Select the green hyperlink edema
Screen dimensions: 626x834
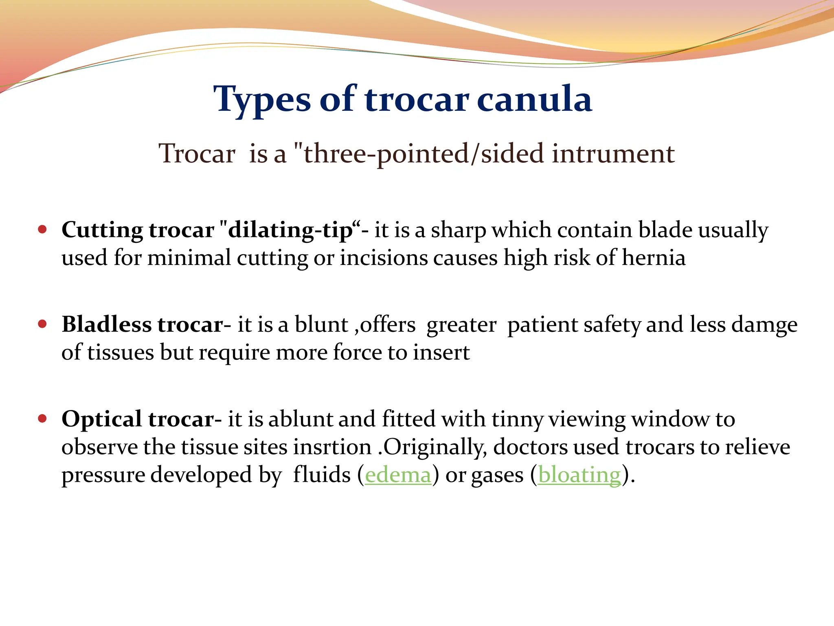[398, 475]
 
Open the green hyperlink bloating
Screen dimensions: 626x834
[579, 475]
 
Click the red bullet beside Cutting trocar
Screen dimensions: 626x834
[42, 229]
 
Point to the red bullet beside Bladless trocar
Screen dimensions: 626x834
[42, 324]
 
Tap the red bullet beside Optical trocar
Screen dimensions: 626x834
[42, 419]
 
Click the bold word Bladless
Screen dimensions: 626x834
[107, 325]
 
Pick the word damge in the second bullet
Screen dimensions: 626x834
[764, 325]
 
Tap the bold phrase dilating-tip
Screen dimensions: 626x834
[290, 230]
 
